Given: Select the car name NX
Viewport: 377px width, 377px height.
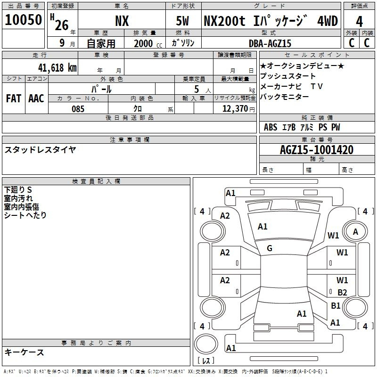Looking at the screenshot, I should pos(122,21).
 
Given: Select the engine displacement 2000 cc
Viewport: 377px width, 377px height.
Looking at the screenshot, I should pos(148,43).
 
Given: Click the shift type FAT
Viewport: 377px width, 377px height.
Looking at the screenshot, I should pos(14,98).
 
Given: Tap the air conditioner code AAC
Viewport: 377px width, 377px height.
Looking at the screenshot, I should pos(36,98).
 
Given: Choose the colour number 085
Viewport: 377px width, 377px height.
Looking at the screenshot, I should pos(78,109).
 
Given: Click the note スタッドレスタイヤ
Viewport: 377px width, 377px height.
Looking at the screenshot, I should pos(40,150).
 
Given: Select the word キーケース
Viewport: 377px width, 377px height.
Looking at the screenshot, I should pos(24,352).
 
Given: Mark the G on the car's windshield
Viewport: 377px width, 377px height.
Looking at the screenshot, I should pos(270,248).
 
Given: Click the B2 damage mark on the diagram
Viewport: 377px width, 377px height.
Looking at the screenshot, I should pos(342,292).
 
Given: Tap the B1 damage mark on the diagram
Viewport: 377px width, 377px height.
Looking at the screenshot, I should pos(336,305).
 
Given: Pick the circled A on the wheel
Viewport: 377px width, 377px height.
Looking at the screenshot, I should pos(355,231).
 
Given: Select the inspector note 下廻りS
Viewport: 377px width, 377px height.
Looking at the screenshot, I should pos(18,189).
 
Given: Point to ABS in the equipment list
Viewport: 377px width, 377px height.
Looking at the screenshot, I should pos(270,127).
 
